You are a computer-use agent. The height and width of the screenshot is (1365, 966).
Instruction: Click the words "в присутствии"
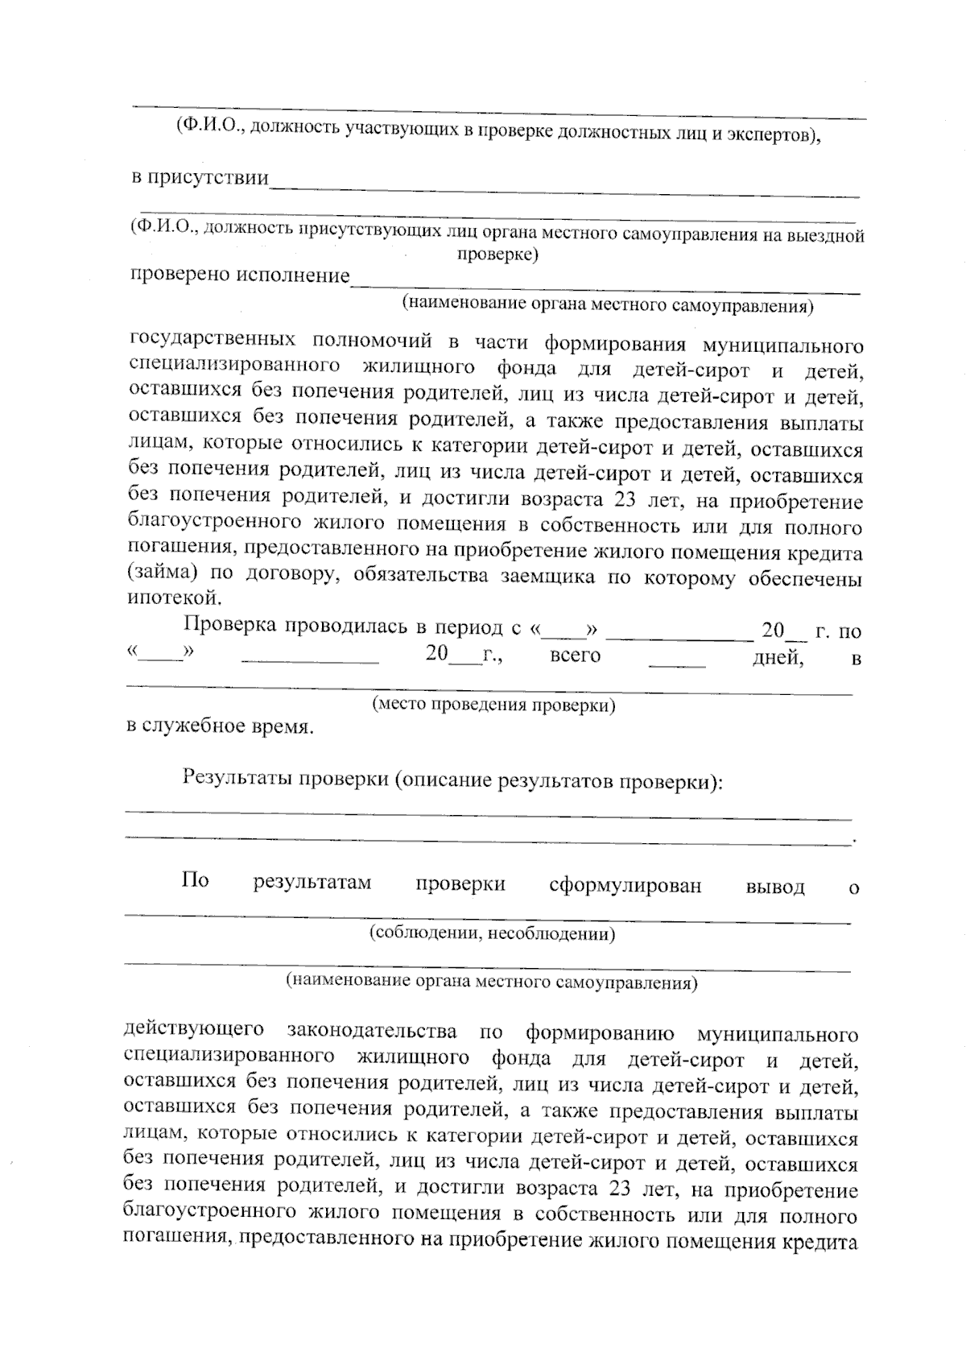200,177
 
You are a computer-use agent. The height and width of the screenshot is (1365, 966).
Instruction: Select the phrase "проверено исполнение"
240,275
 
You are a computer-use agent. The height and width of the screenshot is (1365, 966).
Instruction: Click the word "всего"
575,656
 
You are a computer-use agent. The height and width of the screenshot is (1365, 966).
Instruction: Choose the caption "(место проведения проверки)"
493,705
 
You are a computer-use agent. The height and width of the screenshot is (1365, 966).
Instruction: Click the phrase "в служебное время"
220,726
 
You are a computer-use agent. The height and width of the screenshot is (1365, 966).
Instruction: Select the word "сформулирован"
625,886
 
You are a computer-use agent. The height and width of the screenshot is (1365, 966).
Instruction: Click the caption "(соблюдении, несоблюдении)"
493,934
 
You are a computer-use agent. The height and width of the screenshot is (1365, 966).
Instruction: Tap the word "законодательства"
371,1031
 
